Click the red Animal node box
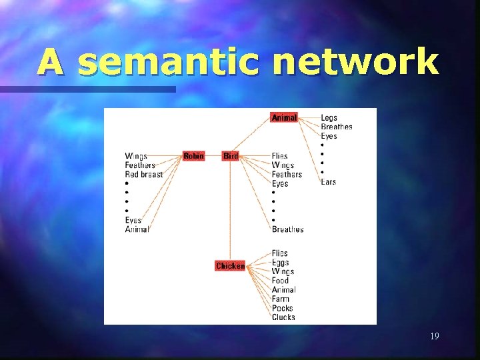pyautogui.click(x=284, y=117)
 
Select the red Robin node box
pyautogui.click(x=193, y=156)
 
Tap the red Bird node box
pyautogui.click(x=231, y=156)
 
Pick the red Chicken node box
pyautogui.click(x=230, y=266)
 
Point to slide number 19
pyautogui.click(x=434, y=336)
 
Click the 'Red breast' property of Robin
pyautogui.click(x=144, y=175)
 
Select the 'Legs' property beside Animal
pyautogui.click(x=329, y=118)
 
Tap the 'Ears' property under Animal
pyautogui.click(x=328, y=182)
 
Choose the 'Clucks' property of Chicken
pyautogui.click(x=283, y=317)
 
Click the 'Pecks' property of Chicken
pyautogui.click(x=283, y=308)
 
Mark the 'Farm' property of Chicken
pyautogui.click(x=281, y=299)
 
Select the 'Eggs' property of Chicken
pyautogui.click(x=281, y=263)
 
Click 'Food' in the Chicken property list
pyautogui.click(x=281, y=281)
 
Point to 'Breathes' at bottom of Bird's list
pyautogui.click(x=287, y=229)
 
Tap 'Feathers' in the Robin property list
pyautogui.click(x=140, y=165)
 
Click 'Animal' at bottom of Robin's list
pyautogui.click(x=137, y=229)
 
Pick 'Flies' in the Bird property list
pyautogui.click(x=280, y=156)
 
